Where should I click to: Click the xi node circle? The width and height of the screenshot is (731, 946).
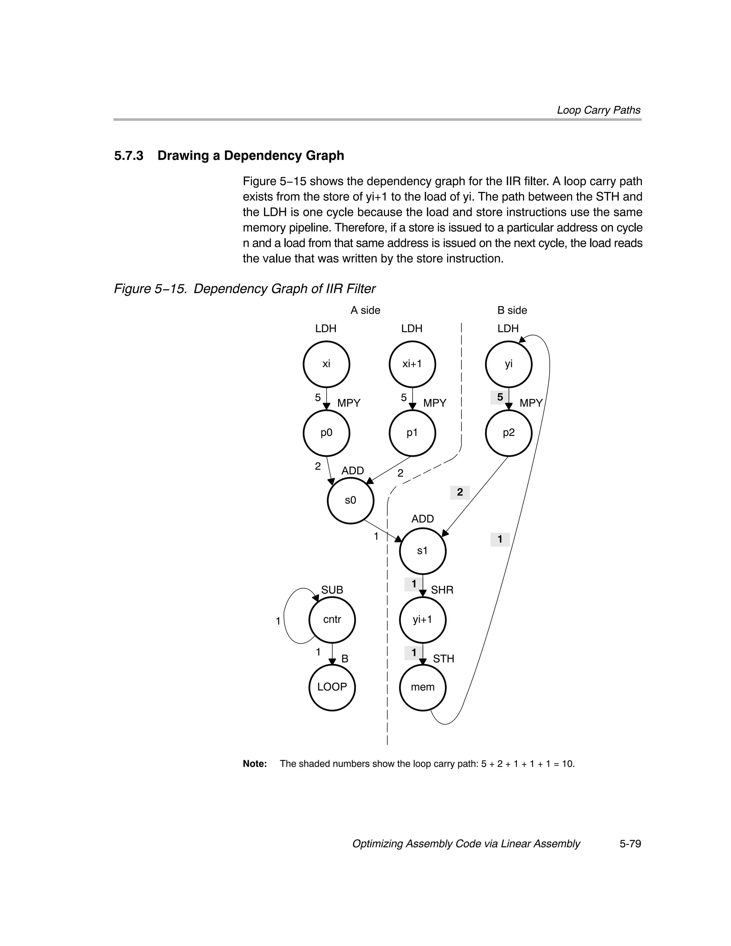pos(326,364)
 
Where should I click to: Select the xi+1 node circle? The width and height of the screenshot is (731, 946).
pos(412,364)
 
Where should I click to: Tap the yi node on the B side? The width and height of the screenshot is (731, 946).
pos(508,364)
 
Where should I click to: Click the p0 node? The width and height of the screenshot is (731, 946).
pos(326,433)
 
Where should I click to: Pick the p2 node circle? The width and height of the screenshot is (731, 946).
pos(508,433)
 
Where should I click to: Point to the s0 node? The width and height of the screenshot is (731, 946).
pos(350,500)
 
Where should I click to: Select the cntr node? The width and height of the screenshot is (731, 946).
pos(332,619)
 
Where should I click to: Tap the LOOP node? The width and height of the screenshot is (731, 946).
pos(332,687)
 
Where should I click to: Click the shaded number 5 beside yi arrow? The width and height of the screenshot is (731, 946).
pos(500,397)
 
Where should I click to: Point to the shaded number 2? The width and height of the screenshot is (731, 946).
pos(460,492)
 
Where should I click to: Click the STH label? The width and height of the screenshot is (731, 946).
pos(443,659)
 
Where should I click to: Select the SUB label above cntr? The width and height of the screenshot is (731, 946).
pos(332,590)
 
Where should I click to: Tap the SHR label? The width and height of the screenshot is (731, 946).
pos(442,590)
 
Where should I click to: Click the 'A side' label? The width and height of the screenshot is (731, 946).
pos(365,310)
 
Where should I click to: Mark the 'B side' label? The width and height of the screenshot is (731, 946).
pos(512,310)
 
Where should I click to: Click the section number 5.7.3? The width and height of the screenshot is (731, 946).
pos(129,156)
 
